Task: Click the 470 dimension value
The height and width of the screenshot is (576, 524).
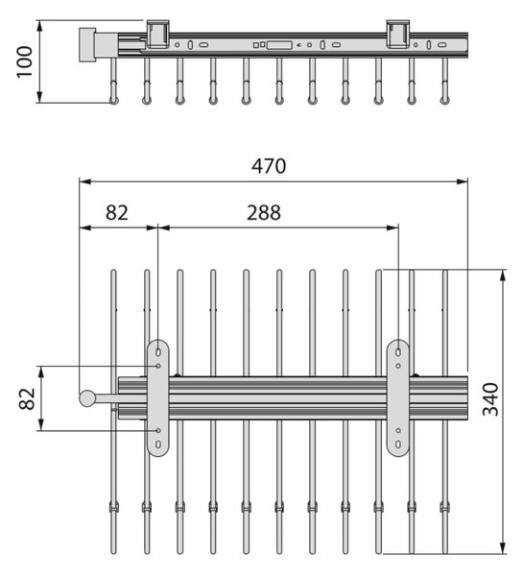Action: (x=269, y=166)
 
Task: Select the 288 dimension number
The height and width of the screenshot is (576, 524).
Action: (x=264, y=213)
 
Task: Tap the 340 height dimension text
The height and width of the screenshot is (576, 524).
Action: (x=490, y=399)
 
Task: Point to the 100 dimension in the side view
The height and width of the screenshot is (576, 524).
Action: (x=25, y=61)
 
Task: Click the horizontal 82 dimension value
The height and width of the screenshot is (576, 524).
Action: (x=117, y=213)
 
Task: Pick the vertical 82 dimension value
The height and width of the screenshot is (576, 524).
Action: (x=27, y=398)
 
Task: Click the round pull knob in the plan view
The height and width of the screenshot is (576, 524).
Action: (x=87, y=398)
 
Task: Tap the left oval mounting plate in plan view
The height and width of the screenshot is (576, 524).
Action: (x=158, y=398)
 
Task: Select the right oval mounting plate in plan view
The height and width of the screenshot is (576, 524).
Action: (x=398, y=398)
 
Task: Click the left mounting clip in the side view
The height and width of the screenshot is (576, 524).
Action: (x=158, y=34)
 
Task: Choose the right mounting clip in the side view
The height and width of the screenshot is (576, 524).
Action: (x=398, y=34)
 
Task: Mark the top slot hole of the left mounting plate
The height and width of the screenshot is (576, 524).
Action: (x=158, y=352)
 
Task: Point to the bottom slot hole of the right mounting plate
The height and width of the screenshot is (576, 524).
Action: (x=398, y=444)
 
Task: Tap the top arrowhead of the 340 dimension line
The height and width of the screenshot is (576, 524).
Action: (x=503, y=276)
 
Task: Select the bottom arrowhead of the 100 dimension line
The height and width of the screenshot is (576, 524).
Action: (x=39, y=97)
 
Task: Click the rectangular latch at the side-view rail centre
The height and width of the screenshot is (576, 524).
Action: (x=279, y=45)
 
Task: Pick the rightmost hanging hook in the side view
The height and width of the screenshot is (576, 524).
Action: (x=444, y=82)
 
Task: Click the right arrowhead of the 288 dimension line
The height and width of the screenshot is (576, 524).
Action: (x=393, y=228)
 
